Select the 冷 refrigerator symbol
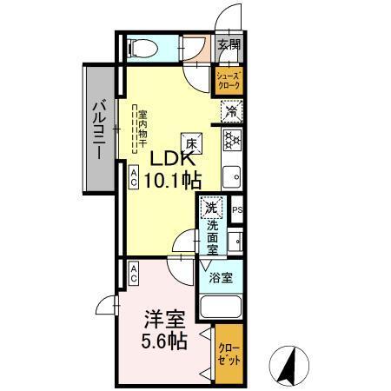pos(231,111)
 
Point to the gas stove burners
pos(232,139)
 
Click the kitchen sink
pos(232,178)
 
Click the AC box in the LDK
pos(135,178)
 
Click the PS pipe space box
pos(237,209)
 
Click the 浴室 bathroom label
pos(222,278)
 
